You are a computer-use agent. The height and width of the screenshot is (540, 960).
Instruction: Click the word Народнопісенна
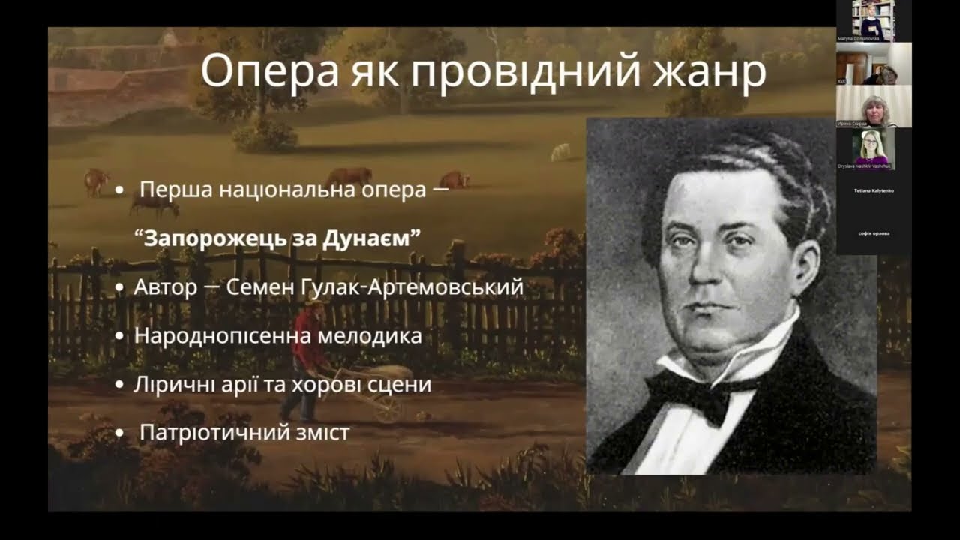[x=223, y=335]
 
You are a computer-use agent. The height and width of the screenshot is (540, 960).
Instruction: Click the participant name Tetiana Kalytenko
[x=874, y=191]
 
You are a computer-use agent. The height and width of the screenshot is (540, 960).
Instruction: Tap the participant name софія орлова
[x=874, y=233]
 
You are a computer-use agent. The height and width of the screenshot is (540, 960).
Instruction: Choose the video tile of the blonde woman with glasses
[x=874, y=149]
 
